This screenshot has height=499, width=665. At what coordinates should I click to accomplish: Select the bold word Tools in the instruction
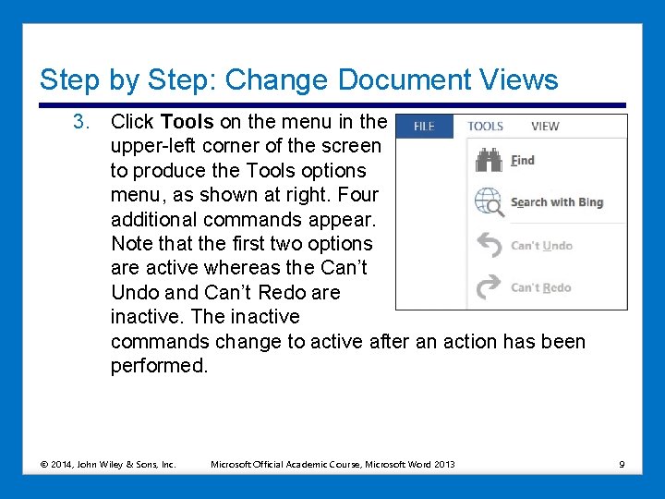pos(187,122)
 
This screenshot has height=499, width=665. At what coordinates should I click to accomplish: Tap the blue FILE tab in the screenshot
pos(424,127)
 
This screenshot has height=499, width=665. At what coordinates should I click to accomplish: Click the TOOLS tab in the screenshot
pos(485,127)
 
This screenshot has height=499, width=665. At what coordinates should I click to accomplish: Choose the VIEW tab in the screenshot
pos(545,127)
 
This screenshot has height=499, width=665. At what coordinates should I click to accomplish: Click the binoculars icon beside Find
pos(488,160)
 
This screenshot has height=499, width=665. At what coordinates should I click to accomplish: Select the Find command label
pos(523,160)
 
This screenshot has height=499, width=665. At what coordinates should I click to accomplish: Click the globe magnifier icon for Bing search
pos(490,202)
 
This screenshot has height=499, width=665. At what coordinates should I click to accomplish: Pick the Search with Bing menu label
pos(557,202)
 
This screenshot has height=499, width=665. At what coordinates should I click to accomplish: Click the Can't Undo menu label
pos(542,246)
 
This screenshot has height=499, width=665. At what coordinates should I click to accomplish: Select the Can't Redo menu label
pos(541,287)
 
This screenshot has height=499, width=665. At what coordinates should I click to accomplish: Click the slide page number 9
pos(622,464)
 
